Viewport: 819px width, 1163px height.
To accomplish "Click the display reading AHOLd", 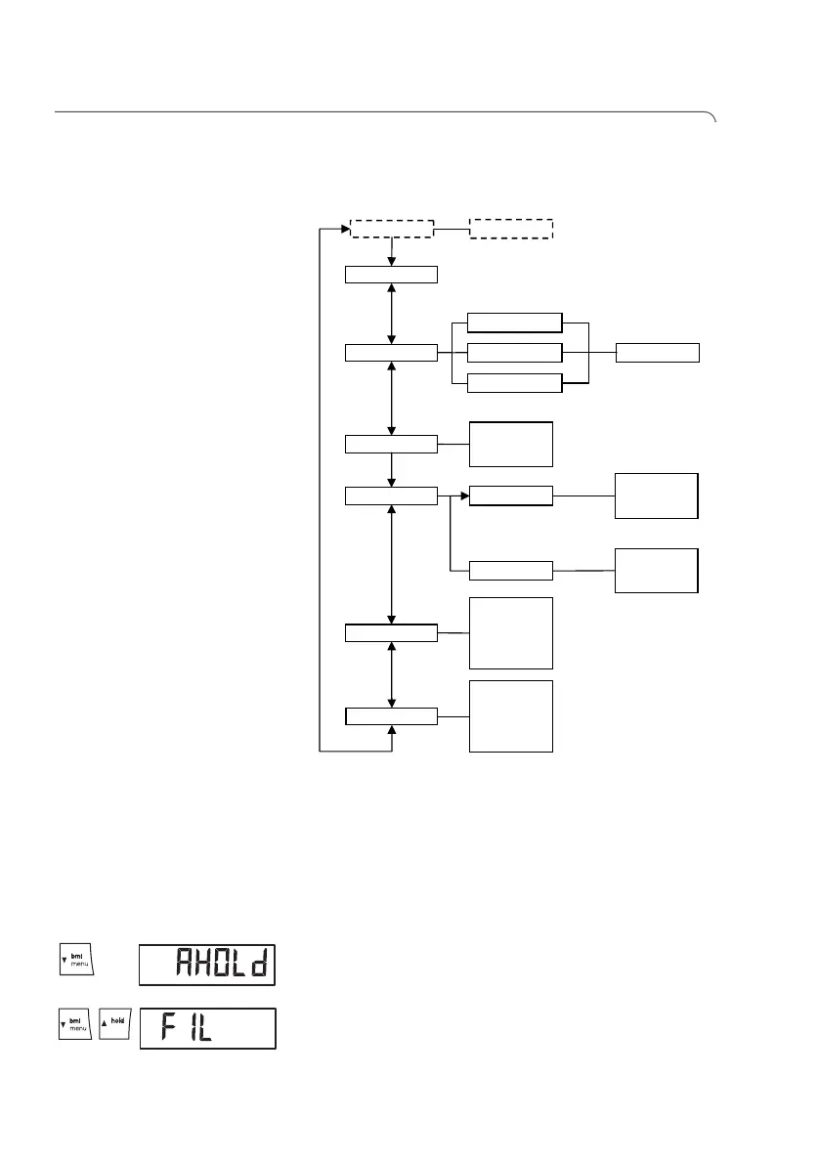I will [x=207, y=966].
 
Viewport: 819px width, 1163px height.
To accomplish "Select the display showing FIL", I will [x=207, y=1028].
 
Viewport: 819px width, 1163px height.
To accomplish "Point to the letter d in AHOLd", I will [x=259, y=967].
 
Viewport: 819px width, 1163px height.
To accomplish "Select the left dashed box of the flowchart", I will [x=391, y=229].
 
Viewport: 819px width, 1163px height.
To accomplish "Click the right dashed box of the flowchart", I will [x=511, y=229].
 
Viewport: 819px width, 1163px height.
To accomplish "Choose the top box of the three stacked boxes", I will [x=515, y=323].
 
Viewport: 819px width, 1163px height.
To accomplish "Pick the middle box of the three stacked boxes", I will [x=515, y=353].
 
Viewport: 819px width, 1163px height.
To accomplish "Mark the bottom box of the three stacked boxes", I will [x=515, y=382].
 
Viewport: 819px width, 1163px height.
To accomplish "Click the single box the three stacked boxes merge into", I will [x=658, y=353].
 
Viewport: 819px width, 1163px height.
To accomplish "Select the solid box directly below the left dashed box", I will [x=391, y=274].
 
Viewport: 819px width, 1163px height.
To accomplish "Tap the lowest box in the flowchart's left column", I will [x=391, y=715].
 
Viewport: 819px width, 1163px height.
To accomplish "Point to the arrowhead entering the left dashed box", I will [x=346, y=230].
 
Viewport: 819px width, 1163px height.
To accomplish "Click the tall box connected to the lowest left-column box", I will [x=511, y=715].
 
